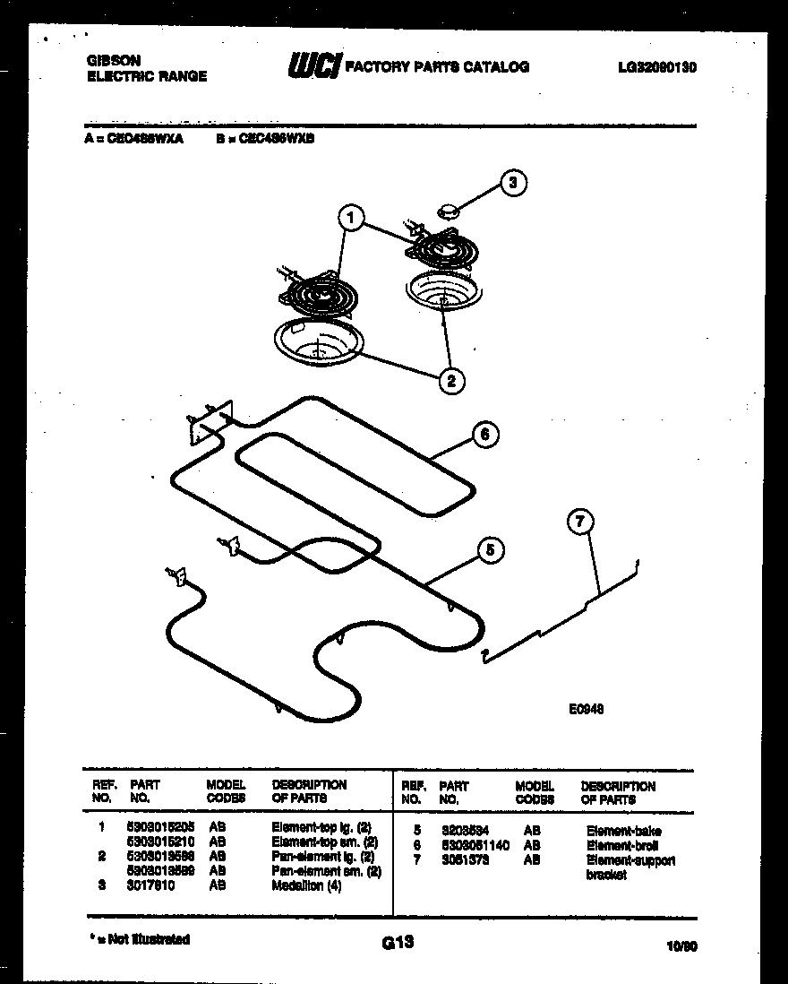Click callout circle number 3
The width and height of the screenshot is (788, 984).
(x=512, y=184)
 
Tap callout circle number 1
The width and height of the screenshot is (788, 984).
(x=351, y=218)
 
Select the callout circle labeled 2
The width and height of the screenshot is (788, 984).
(x=450, y=381)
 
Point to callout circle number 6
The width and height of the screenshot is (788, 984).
(x=484, y=435)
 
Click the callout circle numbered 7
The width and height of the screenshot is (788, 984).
(x=580, y=522)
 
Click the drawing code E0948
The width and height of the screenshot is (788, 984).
(x=586, y=708)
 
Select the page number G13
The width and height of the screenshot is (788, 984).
(x=397, y=942)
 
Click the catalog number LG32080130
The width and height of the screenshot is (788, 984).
(x=656, y=66)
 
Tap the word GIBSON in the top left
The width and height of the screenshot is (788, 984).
(x=113, y=61)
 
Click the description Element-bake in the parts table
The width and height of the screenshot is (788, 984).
(x=623, y=831)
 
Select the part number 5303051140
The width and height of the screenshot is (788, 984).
(x=474, y=845)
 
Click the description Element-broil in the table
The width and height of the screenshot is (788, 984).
(x=622, y=845)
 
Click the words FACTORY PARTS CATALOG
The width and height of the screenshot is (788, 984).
(x=437, y=66)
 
